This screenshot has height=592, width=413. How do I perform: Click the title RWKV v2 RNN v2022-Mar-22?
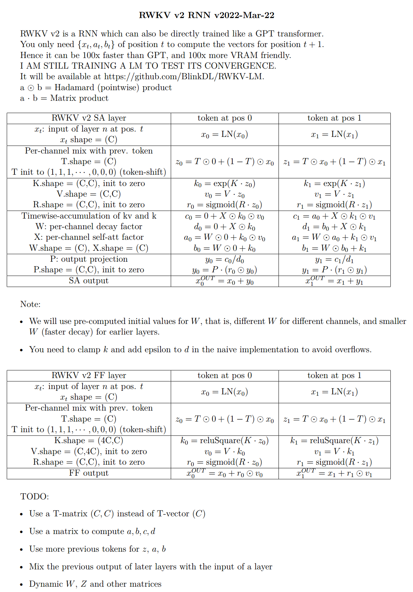206,15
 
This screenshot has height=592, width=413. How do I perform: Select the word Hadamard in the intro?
74,88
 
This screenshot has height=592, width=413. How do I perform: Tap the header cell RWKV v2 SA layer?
89,118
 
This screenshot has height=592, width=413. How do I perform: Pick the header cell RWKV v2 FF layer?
89,376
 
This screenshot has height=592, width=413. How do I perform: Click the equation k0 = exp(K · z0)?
225,184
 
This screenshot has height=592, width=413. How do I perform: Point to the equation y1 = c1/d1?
334,260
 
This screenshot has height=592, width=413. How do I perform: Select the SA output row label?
89,281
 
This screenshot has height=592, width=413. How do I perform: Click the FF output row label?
89,473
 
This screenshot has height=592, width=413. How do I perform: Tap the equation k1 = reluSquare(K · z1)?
334,441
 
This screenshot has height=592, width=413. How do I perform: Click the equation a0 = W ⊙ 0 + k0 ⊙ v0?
225,238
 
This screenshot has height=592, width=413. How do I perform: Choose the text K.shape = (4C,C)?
89,441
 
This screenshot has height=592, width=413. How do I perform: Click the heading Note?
30,304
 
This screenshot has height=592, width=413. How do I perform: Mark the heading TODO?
35,497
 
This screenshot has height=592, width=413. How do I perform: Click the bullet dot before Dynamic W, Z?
22,585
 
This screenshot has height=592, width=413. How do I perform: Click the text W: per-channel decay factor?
89,227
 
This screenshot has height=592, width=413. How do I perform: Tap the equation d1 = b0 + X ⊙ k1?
334,227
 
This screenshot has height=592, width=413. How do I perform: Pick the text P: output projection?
89,259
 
